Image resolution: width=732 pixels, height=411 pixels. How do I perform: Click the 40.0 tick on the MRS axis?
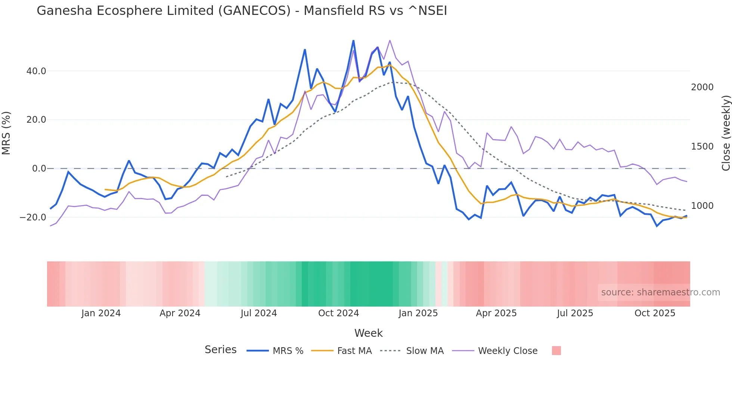pos(36,71)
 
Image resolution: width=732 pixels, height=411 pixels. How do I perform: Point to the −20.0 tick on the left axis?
pos(33,217)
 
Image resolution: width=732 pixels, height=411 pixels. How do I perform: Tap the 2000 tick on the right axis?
pos(702,87)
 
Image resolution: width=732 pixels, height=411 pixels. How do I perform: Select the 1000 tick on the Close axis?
pos(702,205)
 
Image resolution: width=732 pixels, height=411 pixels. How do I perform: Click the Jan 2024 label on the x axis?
pos(101,313)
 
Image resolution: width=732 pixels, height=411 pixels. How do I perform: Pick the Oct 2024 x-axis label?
pos(338,313)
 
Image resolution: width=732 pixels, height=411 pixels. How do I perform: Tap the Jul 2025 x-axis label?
pos(575,313)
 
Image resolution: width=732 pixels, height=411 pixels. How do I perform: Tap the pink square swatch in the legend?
pos(556,351)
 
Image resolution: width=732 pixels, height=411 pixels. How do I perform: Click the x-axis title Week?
pos(368,333)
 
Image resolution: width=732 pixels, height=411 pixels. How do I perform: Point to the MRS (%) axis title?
pos(6,133)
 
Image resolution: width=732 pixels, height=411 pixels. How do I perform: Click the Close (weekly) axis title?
pos(726,133)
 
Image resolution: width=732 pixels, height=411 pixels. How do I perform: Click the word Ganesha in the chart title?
pos(64,10)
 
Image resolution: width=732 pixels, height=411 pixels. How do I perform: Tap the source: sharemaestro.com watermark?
pos(660,292)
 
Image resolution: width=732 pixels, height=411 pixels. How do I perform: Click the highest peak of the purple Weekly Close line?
pos(390,40)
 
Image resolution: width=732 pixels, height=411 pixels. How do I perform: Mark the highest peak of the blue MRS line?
pos(353,40)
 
